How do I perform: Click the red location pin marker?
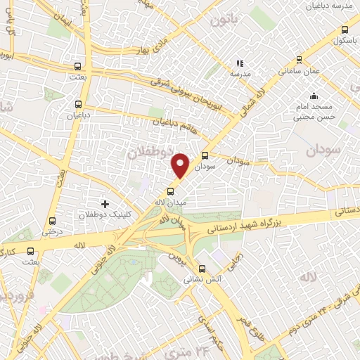point(181,165)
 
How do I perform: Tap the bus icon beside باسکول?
point(344,30)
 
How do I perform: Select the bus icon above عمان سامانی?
point(300,60)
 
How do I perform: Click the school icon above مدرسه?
point(240,63)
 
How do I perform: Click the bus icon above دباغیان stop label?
point(78,101)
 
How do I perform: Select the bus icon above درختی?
point(51,219)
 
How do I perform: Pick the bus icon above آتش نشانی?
point(202,268)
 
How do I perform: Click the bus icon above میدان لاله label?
point(170,191)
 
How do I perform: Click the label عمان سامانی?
point(300,72)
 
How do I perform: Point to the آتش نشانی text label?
point(199,279)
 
